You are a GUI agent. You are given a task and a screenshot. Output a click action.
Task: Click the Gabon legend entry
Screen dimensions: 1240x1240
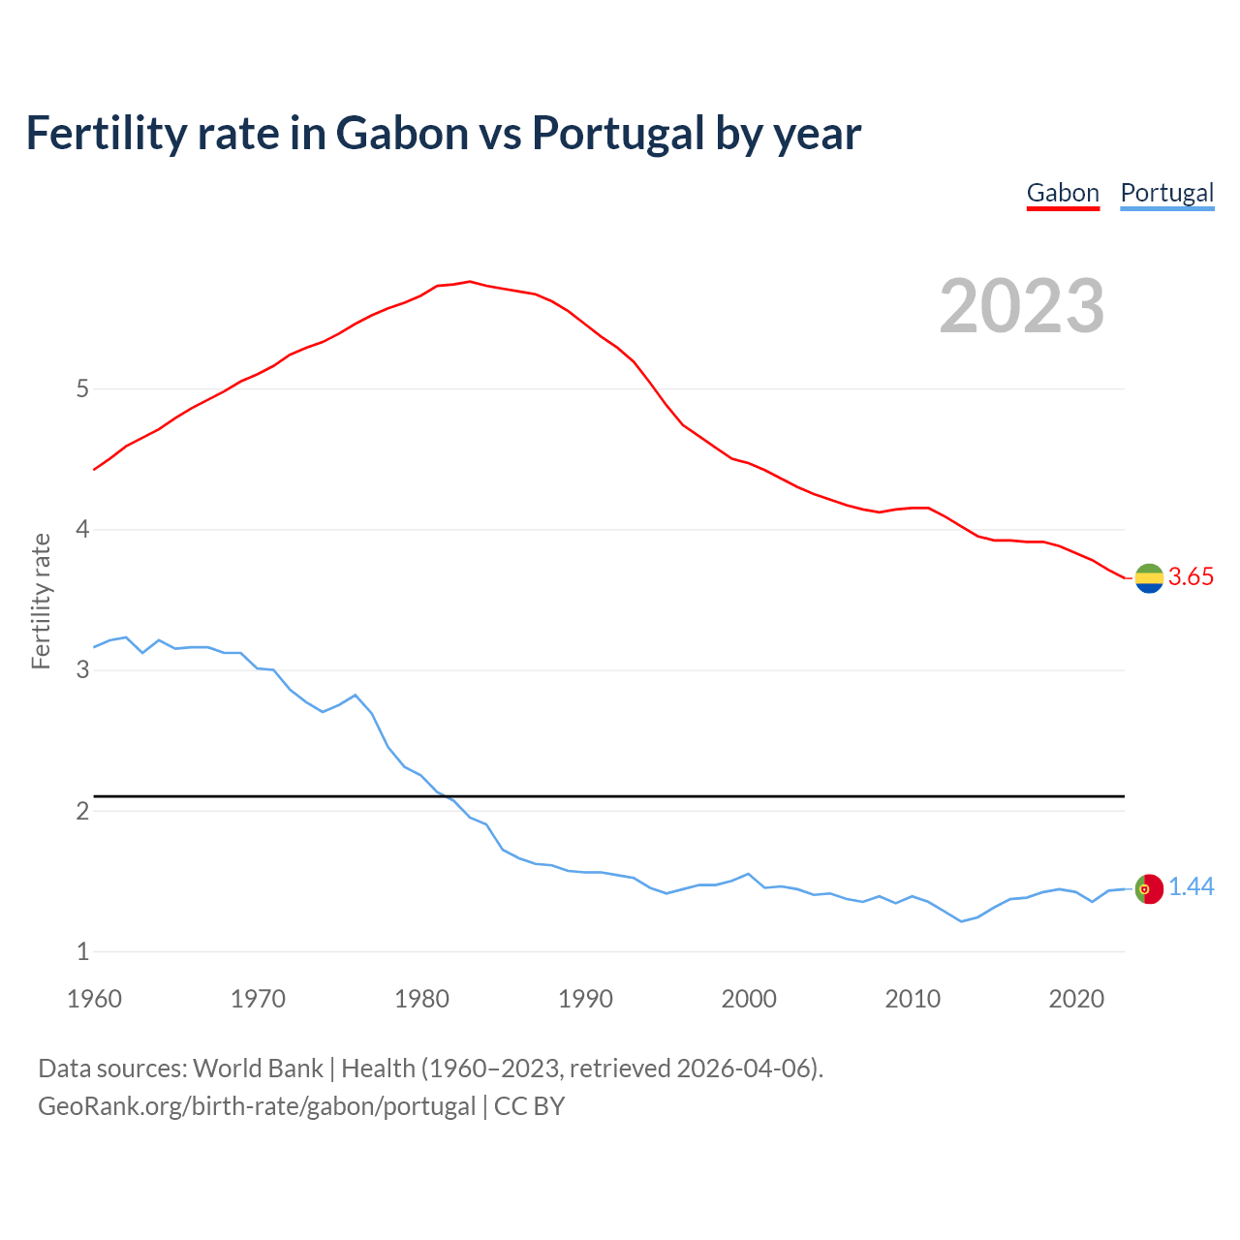coord(1063,193)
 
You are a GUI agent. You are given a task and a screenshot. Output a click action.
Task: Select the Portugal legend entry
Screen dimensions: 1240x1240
coord(1166,193)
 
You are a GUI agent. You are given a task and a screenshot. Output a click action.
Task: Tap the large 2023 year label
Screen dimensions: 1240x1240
coord(1022,306)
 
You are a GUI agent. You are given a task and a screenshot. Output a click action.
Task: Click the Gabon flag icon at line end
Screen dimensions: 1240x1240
coord(1148,578)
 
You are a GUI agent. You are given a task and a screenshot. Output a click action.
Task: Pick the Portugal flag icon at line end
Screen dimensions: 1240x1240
coord(1148,888)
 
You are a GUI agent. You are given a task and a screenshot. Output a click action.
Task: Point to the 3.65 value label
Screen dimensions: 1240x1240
coord(1191,577)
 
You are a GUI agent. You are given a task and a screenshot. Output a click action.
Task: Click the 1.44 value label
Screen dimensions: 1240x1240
coord(1191,887)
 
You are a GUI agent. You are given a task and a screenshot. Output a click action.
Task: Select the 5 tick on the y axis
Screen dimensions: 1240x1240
coord(82,389)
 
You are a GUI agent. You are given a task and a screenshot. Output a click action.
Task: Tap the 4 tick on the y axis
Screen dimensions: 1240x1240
coord(82,530)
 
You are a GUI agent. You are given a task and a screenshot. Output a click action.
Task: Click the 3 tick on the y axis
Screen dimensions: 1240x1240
coord(82,670)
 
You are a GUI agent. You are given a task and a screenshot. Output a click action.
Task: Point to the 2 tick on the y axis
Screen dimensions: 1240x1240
coord(82,811)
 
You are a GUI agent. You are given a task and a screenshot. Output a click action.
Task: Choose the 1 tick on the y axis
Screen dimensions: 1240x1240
coord(82,951)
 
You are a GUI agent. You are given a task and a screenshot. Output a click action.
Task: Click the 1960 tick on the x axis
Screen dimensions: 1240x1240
coord(94,999)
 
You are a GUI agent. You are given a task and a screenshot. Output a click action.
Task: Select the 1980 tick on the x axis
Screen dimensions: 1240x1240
coord(421,999)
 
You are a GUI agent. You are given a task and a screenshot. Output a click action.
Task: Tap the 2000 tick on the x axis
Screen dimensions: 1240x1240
coord(749,999)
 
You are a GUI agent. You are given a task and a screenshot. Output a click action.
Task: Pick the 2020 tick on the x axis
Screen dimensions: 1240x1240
coord(1076,999)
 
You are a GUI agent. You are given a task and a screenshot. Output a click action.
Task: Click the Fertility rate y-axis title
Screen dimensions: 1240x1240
coord(41,601)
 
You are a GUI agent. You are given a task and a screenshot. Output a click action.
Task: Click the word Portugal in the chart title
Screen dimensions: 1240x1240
coord(617,133)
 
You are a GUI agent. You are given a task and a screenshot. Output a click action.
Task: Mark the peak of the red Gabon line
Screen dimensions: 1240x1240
coord(470,282)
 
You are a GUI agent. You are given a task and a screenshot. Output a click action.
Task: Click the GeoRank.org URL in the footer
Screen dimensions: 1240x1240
coord(257,1106)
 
